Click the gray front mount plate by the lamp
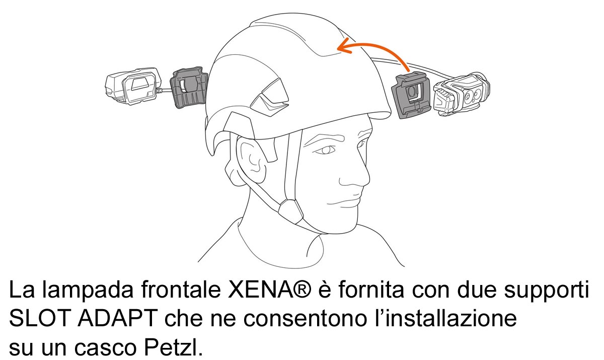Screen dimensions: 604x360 tap(411, 95)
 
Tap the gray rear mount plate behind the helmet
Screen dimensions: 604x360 tap(189, 88)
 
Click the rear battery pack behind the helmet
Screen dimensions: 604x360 tap(132, 86)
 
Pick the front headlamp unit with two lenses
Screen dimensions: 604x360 tap(462, 94)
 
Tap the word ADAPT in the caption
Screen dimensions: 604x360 tap(118, 319)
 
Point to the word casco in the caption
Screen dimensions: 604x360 tap(106, 349)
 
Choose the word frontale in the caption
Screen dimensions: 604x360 tap(181, 290)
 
